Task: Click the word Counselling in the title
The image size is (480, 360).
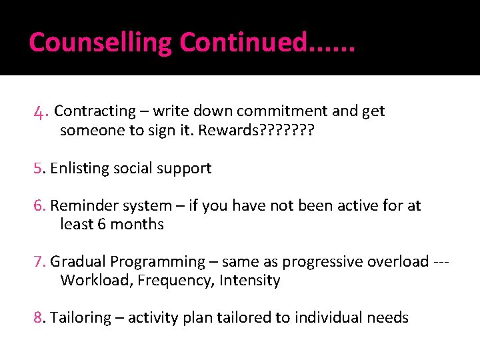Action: (x=100, y=43)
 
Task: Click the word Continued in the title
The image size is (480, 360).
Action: (x=243, y=43)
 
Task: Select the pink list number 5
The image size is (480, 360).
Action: (x=38, y=168)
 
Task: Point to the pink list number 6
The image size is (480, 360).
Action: (x=38, y=205)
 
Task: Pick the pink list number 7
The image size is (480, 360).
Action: (x=38, y=261)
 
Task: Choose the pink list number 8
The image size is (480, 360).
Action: (x=38, y=317)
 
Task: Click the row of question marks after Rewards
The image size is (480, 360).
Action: (x=289, y=130)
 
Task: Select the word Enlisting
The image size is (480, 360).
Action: (x=78, y=168)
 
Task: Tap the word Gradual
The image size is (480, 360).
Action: (x=78, y=261)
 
